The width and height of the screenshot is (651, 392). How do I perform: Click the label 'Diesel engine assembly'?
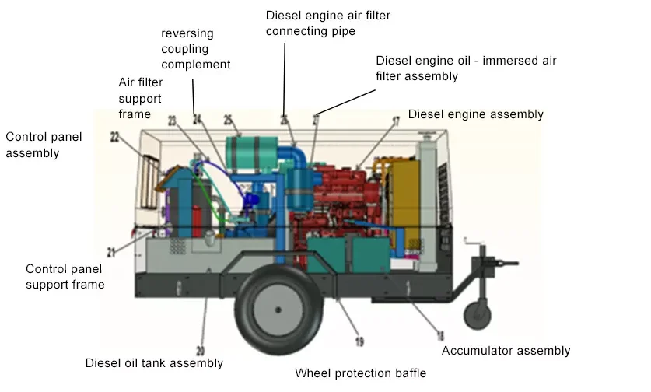tap(475, 114)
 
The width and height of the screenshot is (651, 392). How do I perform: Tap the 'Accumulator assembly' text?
tap(506, 351)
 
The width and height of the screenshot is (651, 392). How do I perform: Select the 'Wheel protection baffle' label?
tap(360, 373)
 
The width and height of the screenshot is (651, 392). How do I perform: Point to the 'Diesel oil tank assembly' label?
tap(153, 363)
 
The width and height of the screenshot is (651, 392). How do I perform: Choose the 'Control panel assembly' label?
tap(44, 145)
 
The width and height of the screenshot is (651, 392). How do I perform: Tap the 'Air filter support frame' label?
tap(139, 97)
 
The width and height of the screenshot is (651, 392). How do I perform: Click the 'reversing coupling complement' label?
tap(196, 49)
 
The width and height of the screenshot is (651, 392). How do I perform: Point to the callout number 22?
tap(114, 137)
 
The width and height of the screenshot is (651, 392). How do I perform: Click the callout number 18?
tap(440, 336)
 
